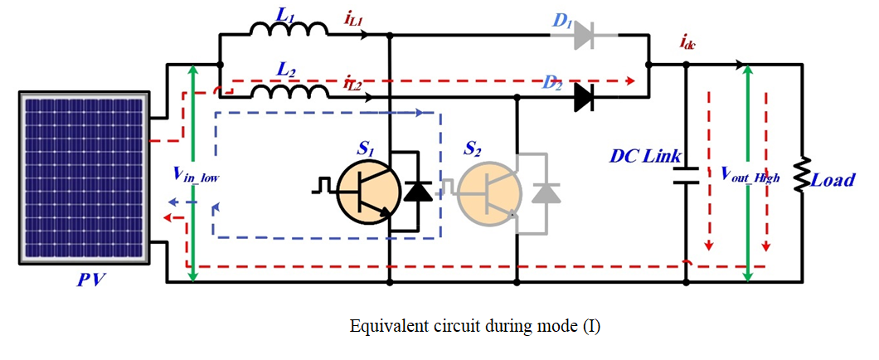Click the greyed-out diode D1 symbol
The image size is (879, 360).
point(582,34)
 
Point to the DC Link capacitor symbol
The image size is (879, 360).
point(687,176)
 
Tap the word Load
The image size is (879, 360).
point(833,179)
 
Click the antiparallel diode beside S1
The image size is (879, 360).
point(417,192)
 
